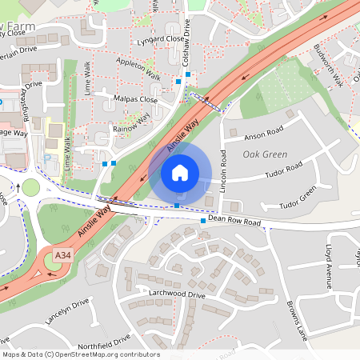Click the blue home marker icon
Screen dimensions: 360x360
[x=180, y=172]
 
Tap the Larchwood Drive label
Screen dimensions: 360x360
[x=177, y=294]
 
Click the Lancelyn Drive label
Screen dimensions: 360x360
[x=67, y=311]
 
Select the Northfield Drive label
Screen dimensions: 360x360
[x=99, y=340]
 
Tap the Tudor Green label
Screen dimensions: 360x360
[x=297, y=198]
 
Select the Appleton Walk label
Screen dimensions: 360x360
[x=138, y=70]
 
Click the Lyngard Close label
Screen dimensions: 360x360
[x=160, y=38]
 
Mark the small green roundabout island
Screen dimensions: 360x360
[x=30, y=188]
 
